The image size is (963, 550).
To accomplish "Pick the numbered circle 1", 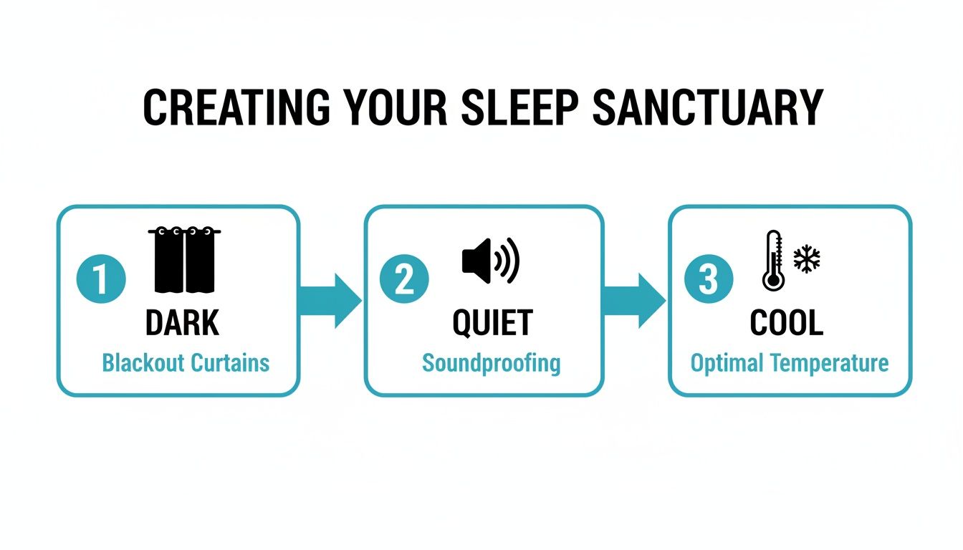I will [x=101, y=279].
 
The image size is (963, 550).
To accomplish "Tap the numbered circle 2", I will [x=405, y=279].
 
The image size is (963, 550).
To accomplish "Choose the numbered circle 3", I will [x=708, y=279].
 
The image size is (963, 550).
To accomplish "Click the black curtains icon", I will [x=184, y=261].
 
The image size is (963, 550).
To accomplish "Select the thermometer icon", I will [x=773, y=261].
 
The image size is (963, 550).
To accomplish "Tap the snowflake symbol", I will [x=807, y=259].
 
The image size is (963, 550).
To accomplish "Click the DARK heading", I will [x=182, y=324].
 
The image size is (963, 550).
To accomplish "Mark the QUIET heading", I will [x=492, y=324].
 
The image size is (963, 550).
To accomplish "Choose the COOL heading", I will [x=786, y=324].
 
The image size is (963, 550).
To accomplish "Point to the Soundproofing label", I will [x=491, y=363].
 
